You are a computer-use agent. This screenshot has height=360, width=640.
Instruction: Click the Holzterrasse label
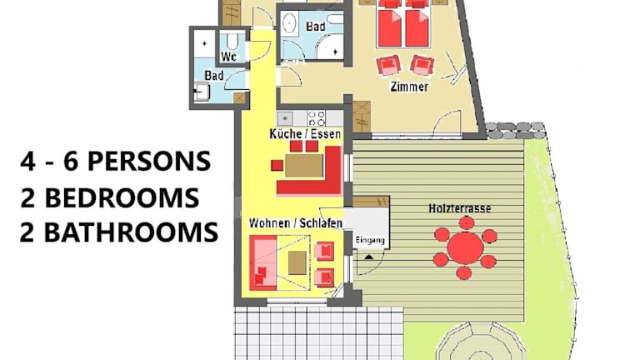(x=460, y=208)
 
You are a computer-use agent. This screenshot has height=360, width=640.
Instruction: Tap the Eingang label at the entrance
(x=370, y=240)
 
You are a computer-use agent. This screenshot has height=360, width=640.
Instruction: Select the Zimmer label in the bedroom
(x=409, y=87)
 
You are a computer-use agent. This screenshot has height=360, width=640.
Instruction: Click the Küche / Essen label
(x=305, y=134)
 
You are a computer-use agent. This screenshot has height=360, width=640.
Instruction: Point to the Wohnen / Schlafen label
(x=296, y=222)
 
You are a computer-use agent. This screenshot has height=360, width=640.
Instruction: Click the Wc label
(x=228, y=57)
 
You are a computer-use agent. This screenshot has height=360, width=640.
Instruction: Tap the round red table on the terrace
(x=465, y=247)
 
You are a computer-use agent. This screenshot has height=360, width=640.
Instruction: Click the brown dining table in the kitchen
(x=304, y=165)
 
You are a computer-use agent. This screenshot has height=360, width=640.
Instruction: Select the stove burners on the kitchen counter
(x=317, y=118)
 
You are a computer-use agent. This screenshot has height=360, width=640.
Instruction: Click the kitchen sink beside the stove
(x=286, y=119)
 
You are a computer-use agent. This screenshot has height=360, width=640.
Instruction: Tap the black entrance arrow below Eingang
(x=368, y=257)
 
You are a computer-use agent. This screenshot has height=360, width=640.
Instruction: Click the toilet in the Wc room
(x=232, y=41)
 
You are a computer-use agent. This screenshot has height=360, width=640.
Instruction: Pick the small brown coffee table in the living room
(x=297, y=262)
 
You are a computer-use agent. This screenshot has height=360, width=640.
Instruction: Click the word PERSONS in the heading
(x=149, y=161)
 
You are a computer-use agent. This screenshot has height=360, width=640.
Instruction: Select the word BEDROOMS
(x=121, y=198)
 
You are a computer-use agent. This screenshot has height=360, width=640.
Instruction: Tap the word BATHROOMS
(x=131, y=232)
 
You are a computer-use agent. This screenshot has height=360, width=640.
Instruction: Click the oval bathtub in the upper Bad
(x=289, y=23)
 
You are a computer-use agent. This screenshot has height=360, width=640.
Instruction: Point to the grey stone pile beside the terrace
(x=516, y=130)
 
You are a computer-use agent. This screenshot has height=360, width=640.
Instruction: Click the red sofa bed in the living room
(x=263, y=262)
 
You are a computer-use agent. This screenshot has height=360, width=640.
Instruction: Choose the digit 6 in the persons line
(x=71, y=161)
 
